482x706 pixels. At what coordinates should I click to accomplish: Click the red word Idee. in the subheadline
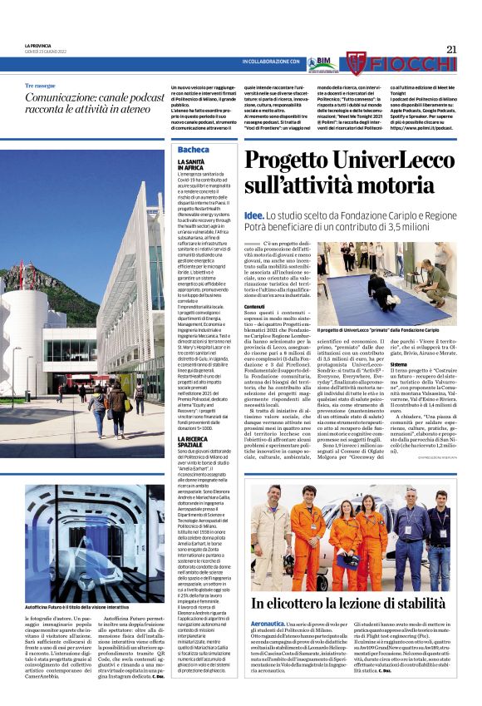(253, 215)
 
